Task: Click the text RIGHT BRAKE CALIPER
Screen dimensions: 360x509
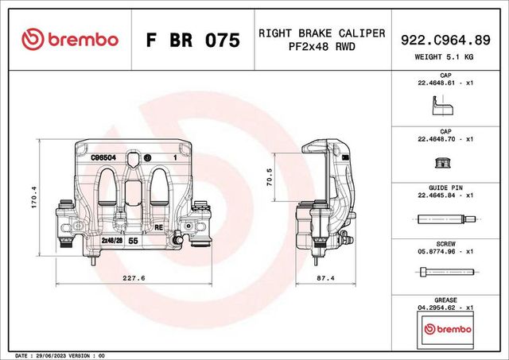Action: [x=321, y=33]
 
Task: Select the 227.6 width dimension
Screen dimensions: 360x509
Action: [x=134, y=278]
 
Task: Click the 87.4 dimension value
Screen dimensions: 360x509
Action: [x=324, y=278]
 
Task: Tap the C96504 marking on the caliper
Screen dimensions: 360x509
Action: [x=104, y=158]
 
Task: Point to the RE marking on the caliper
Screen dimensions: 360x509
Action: [x=158, y=227]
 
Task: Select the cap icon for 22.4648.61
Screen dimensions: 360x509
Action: [x=440, y=106]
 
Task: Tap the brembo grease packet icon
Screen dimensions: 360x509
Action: [x=445, y=328]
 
